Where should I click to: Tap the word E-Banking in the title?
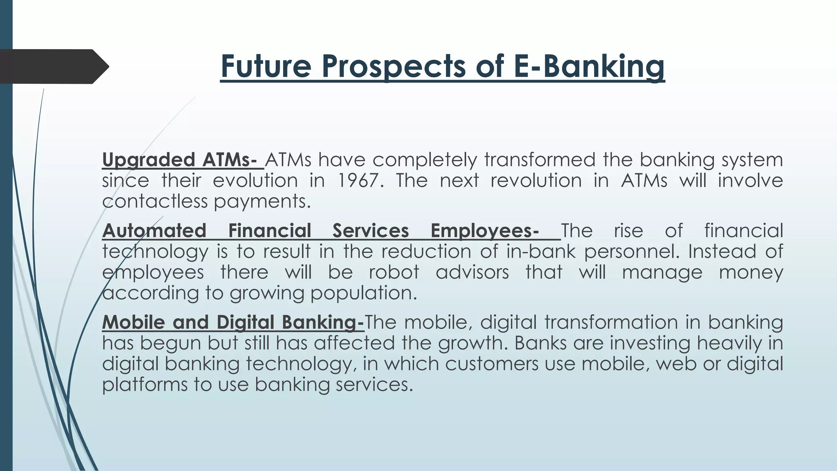(x=589, y=66)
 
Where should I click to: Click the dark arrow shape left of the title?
(x=53, y=66)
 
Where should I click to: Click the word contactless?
(x=155, y=201)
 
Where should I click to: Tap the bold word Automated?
(x=154, y=231)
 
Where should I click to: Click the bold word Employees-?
(x=485, y=231)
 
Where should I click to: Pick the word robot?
(x=394, y=272)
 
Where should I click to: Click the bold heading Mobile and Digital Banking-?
(x=233, y=322)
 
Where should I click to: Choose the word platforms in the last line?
(x=144, y=385)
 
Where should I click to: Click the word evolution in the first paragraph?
(x=255, y=180)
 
